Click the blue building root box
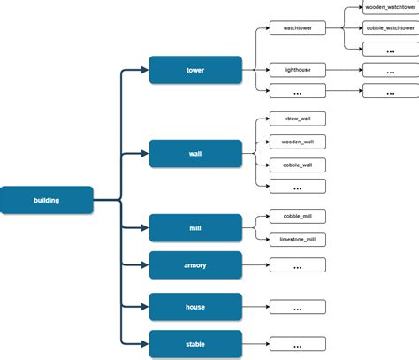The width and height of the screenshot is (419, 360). click(47, 200)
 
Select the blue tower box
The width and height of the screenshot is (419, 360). click(195, 70)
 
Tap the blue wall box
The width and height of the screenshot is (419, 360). click(195, 153)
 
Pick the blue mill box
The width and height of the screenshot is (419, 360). click(195, 227)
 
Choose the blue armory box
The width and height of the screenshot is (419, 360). click(195, 264)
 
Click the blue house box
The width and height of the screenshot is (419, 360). click(195, 307)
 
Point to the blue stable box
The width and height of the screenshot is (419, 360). click(195, 344)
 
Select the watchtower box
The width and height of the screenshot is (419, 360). click(297, 28)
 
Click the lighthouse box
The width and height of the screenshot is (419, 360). click(297, 69)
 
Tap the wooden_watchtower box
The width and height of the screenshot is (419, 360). click(391, 7)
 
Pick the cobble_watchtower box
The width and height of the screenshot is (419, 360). click(391, 28)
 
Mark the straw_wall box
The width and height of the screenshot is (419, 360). click(297, 119)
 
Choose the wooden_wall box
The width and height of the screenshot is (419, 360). click(297, 142)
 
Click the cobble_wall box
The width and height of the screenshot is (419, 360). click(297, 165)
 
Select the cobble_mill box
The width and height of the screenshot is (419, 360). click(297, 216)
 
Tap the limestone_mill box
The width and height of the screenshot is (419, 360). click(297, 239)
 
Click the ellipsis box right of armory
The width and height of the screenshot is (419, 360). click(297, 265)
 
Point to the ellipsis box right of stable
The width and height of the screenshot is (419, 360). click(297, 345)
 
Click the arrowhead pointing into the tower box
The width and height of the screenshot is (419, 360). click(144, 70)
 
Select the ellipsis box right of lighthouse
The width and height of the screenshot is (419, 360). click(391, 69)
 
